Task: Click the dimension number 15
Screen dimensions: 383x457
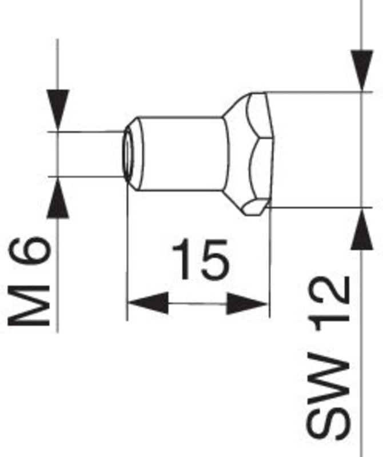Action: (x=200, y=259)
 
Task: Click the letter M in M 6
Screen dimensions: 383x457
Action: (x=29, y=306)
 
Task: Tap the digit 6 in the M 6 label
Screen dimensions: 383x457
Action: (x=30, y=250)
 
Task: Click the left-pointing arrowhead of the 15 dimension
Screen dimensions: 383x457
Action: (x=148, y=303)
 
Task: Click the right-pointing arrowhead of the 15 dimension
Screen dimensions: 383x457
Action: (x=247, y=304)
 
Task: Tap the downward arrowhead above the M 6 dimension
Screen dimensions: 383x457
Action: (x=58, y=110)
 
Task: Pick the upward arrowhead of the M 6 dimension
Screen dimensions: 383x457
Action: (x=58, y=198)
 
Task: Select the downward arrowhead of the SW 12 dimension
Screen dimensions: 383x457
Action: (x=362, y=70)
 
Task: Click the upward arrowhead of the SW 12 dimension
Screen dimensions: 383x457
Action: (x=362, y=230)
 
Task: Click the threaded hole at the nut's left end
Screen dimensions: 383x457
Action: (x=127, y=154)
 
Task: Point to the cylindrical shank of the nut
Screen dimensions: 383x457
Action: (x=182, y=154)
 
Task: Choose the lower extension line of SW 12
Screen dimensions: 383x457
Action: (x=320, y=207)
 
